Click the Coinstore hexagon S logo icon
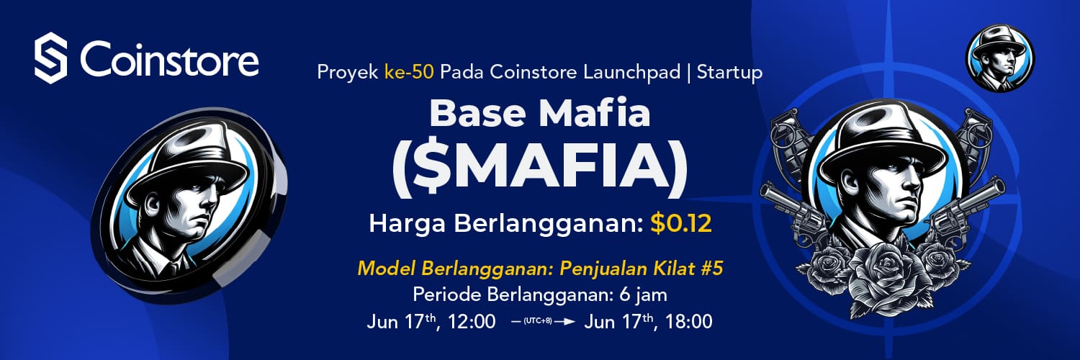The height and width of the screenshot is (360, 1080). click(x=50, y=58)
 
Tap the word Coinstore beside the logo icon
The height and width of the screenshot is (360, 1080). click(x=169, y=59)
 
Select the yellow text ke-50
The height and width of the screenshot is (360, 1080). click(x=409, y=72)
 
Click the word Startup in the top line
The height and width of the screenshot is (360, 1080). click(x=729, y=73)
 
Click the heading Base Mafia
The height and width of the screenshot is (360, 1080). click(x=540, y=113)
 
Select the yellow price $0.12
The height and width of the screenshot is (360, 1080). click(x=681, y=223)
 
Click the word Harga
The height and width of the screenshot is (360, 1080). click(x=408, y=224)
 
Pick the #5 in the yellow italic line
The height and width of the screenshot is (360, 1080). click(x=711, y=269)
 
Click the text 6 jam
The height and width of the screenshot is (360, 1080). click(x=643, y=294)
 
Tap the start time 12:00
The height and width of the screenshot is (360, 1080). click(x=472, y=321)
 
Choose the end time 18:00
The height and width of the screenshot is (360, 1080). click(x=688, y=321)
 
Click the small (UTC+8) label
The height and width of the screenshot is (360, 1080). click(x=538, y=321)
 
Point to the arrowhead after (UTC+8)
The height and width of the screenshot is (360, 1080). click(x=570, y=321)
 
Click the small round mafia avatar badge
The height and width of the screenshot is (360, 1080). click(x=1000, y=58)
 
